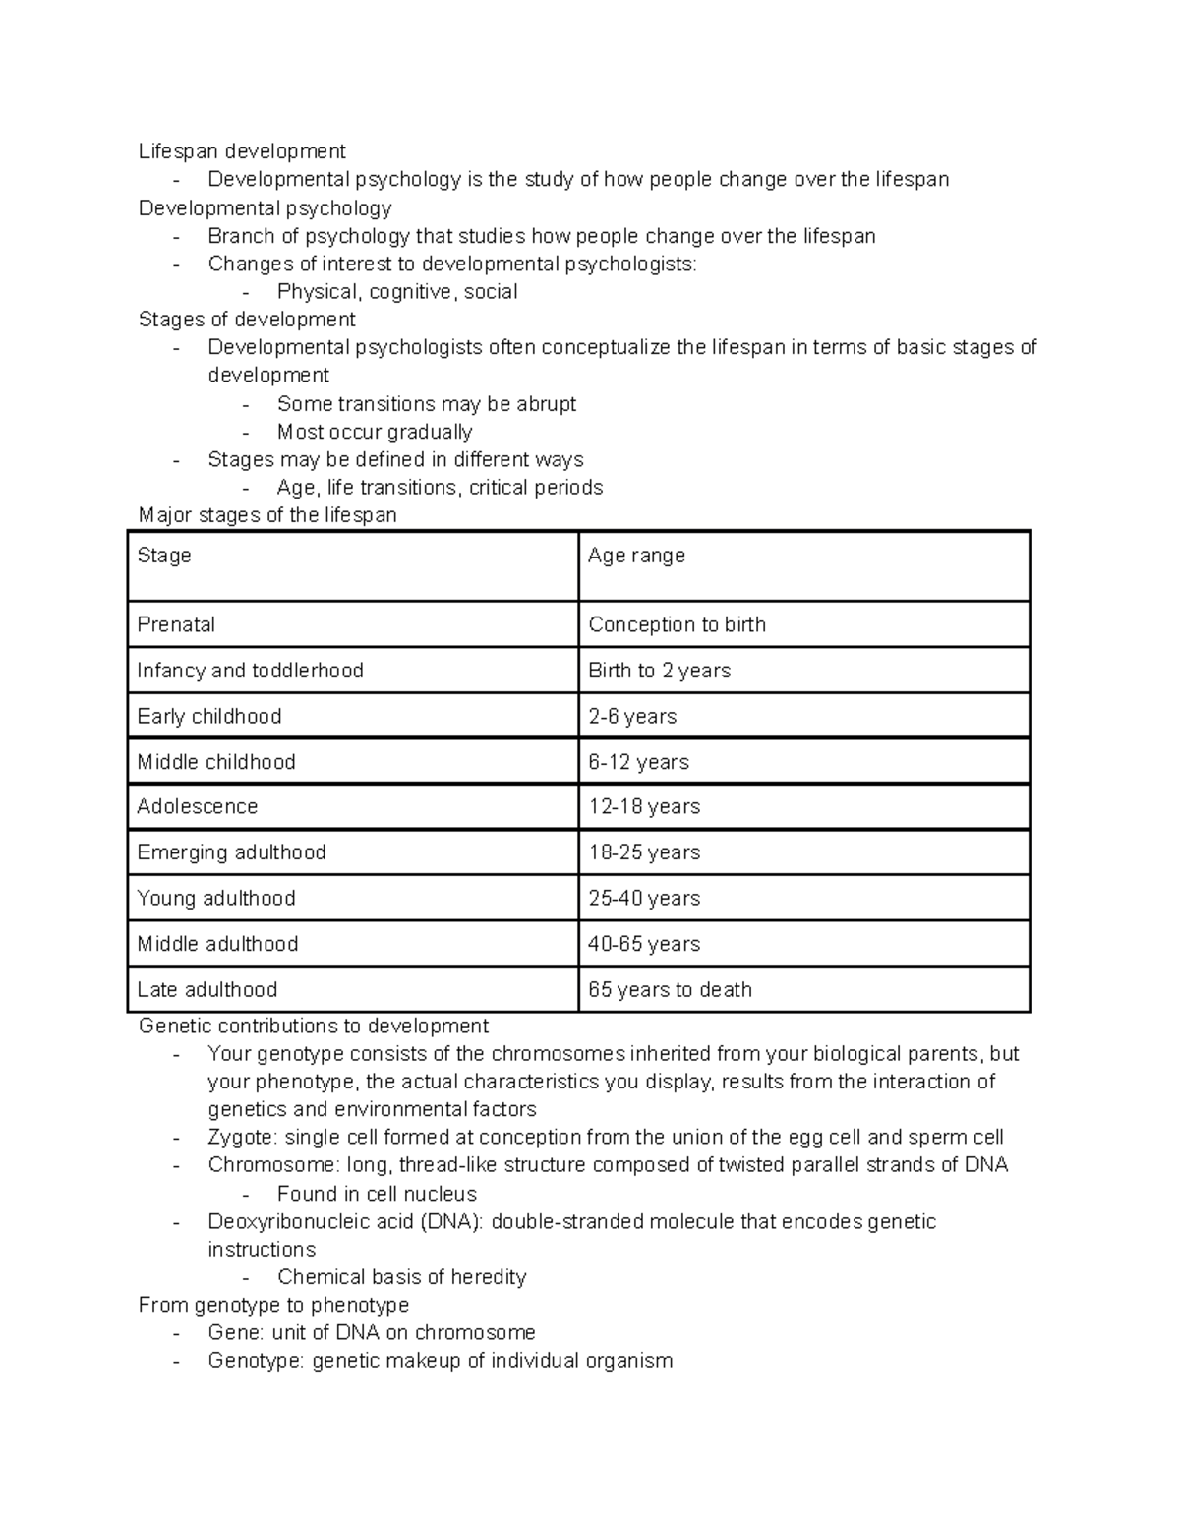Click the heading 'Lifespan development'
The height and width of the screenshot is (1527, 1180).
coord(242,151)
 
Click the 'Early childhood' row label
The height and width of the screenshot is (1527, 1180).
coord(209,716)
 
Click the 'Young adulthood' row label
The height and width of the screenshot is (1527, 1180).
coord(216,898)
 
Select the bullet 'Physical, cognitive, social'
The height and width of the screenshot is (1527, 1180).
coord(397,292)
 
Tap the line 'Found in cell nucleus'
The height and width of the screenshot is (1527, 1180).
coord(377,1194)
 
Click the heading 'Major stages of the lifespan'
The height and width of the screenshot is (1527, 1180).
coord(267,515)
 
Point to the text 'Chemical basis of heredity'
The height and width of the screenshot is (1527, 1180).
coord(401,1277)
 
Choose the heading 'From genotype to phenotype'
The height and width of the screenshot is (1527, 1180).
coord(273,1305)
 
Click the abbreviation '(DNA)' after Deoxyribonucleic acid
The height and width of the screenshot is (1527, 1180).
coord(451,1222)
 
